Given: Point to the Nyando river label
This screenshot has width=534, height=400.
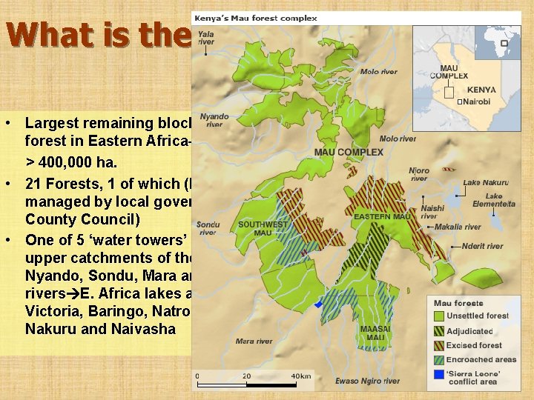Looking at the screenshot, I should [214, 120].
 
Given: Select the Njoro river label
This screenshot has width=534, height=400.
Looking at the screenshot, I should [419, 174].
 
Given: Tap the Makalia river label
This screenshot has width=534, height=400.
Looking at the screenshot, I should [458, 227].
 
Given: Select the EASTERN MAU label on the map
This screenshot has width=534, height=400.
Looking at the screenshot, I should [380, 216].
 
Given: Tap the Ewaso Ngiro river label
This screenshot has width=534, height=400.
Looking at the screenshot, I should [368, 381].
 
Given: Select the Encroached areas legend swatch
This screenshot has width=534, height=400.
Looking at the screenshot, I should [439, 360].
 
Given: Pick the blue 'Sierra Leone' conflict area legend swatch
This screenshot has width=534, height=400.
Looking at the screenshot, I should [439, 374].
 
